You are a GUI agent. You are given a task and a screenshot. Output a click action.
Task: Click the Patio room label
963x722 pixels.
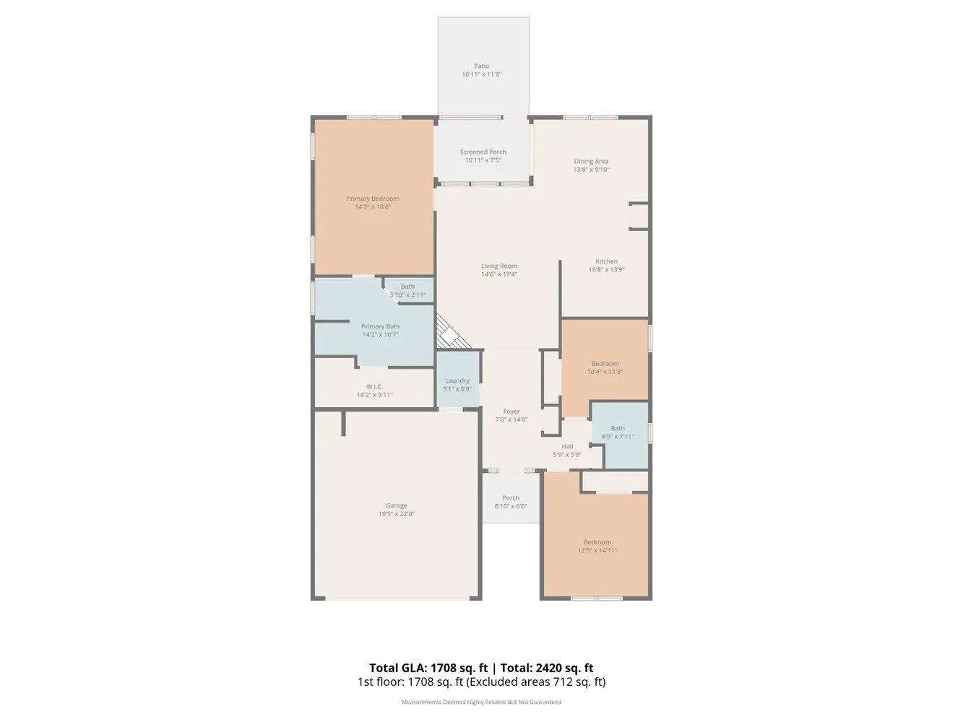(x=481, y=66)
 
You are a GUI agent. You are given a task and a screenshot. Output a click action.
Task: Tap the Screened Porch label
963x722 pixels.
(x=483, y=152)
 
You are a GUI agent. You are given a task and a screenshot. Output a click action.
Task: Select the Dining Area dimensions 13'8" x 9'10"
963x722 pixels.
(x=591, y=170)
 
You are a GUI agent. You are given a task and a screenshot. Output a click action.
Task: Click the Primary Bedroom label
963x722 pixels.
(x=372, y=199)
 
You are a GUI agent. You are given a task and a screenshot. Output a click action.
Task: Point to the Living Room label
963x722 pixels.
(x=498, y=266)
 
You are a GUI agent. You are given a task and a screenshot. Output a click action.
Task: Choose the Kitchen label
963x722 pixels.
(x=606, y=261)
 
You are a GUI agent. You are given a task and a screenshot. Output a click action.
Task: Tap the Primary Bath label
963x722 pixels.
(x=380, y=326)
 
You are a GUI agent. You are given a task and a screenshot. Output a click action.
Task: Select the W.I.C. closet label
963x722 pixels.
(x=374, y=387)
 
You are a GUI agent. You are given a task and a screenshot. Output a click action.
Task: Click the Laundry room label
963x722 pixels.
(x=457, y=380)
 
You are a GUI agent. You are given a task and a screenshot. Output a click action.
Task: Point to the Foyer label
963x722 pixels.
(x=511, y=412)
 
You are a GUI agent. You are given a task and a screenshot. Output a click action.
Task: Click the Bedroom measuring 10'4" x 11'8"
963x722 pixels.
(x=605, y=368)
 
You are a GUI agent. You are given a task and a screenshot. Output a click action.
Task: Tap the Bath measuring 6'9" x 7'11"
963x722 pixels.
(x=617, y=432)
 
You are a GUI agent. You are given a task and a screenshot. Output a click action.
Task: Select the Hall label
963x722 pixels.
(x=567, y=447)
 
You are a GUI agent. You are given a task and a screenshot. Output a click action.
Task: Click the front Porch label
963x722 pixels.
(x=510, y=498)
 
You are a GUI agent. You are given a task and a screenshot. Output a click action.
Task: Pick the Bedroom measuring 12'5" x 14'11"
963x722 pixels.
(x=597, y=547)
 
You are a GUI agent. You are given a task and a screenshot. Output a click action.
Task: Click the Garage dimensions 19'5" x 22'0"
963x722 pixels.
(x=396, y=514)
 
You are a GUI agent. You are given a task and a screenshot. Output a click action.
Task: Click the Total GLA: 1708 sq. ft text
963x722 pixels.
(x=428, y=668)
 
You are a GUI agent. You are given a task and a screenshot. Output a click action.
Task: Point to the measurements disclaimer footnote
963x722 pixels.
(x=481, y=702)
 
